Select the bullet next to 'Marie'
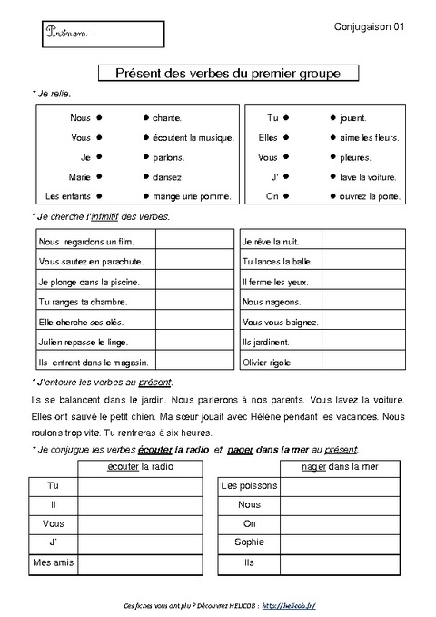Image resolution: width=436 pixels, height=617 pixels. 99,176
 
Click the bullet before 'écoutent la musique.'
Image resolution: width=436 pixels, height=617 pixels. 145,137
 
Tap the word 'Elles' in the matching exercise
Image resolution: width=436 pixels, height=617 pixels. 269,137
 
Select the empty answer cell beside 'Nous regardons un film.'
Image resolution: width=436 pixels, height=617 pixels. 193,240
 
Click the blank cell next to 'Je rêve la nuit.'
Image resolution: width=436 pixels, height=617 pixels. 363,240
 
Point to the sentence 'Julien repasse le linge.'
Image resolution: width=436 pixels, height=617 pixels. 84,343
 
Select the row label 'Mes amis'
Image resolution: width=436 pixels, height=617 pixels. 54,562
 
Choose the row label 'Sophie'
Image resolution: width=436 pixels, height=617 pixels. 249,542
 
